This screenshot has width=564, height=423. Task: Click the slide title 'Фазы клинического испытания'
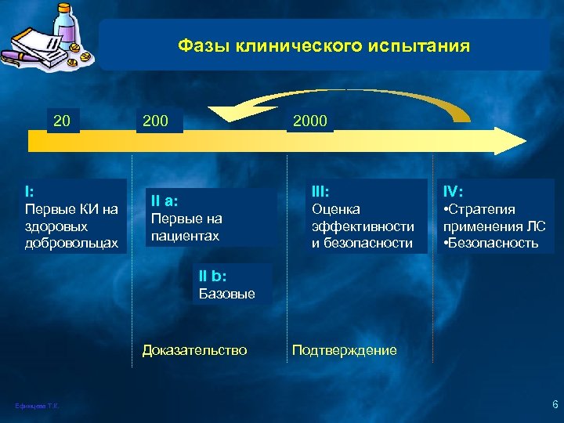coord(324,46)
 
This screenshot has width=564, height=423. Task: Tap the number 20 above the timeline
coord(62,121)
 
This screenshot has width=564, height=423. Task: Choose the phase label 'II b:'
coord(213,276)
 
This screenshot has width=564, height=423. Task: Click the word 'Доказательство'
coord(194,350)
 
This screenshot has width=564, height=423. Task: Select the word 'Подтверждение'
coord(344,350)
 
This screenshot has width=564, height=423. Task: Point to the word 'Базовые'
coord(227,294)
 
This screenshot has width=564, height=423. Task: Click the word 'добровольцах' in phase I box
coord(71,244)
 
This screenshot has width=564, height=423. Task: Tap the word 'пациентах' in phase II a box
coord(185,236)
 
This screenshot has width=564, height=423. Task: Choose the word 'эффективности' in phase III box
coord(363,226)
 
